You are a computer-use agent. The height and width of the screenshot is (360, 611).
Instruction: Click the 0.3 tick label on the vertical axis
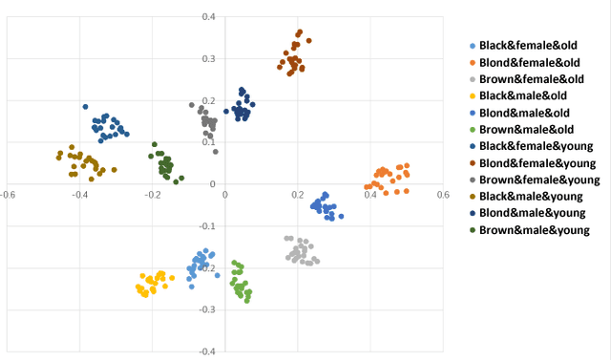tap(209, 58)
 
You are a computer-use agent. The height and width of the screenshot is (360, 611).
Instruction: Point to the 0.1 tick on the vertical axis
tap(209, 142)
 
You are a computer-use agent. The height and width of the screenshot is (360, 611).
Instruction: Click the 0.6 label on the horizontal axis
tap(442, 194)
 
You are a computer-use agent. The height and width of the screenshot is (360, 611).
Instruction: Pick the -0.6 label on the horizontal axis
tap(8, 194)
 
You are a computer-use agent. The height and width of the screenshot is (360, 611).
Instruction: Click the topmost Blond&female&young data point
tap(300, 32)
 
